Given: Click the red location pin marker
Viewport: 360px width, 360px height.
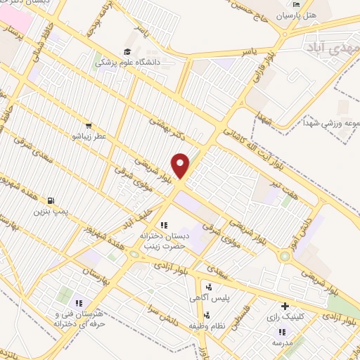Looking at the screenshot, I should point(181,165).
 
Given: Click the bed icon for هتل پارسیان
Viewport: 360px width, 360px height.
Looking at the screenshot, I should point(297,5).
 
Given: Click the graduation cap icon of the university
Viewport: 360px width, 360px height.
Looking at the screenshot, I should point(127,51).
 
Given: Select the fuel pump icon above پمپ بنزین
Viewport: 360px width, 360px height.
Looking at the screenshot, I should point(51,200).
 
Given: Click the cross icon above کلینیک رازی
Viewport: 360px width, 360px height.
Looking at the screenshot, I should point(285,307).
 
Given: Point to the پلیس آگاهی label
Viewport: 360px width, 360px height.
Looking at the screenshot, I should point(207,297).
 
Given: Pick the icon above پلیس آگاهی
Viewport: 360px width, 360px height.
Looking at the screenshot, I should point(209,287).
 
